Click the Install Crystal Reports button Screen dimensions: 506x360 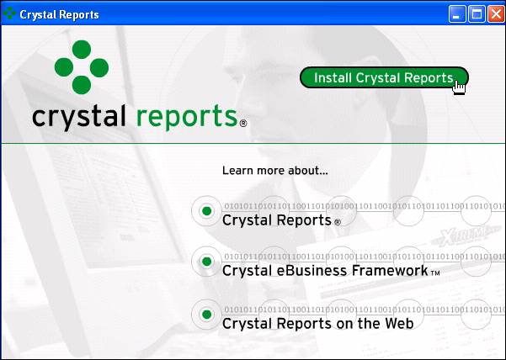pyautogui.click(x=384, y=77)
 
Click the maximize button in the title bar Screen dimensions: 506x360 pyautogui.click(x=477, y=14)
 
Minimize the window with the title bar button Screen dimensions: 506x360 pyautogui.click(x=457, y=14)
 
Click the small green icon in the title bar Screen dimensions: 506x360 pyautogui.click(x=9, y=13)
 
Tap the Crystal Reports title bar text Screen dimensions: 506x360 pyautogui.click(x=59, y=15)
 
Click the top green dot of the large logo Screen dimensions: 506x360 pyautogui.click(x=82, y=50)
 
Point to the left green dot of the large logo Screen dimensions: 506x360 pyautogui.click(x=64, y=67)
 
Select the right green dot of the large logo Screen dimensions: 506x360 pyautogui.click(x=99, y=67)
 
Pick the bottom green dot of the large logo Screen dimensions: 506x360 pyautogui.click(x=82, y=85)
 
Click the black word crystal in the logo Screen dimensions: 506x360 pyautogui.click(x=79, y=117)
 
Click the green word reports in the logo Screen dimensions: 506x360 pyautogui.click(x=187, y=118)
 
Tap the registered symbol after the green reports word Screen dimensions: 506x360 pyautogui.click(x=243, y=123)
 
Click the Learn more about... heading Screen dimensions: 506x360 pyautogui.click(x=275, y=171)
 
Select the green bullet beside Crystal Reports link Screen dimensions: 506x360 pyautogui.click(x=206, y=211)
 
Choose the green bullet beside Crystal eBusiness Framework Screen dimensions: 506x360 pyautogui.click(x=206, y=262)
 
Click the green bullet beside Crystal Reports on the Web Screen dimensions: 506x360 pyautogui.click(x=206, y=315)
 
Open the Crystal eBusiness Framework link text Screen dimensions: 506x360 pyautogui.click(x=325, y=270)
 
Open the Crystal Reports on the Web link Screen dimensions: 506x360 pyautogui.click(x=318, y=323)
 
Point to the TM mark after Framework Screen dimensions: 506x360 pyautogui.click(x=435, y=273)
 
